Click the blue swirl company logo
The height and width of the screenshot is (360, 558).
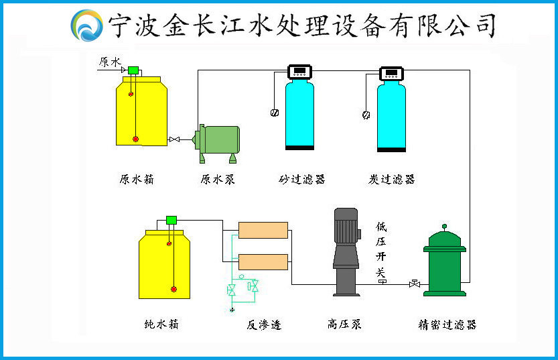(x=86, y=25)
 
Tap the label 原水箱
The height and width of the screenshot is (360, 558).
(x=136, y=180)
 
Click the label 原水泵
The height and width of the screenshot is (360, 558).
(x=217, y=180)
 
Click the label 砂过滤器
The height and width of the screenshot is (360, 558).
(x=301, y=180)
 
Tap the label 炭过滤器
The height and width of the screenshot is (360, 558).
(x=392, y=180)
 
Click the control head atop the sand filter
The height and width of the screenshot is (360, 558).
(x=299, y=71)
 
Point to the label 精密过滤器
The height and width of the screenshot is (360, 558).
(x=447, y=325)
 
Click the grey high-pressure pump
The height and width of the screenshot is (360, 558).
(x=346, y=251)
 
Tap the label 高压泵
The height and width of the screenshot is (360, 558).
(x=344, y=325)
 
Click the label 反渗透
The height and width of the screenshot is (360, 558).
(x=263, y=325)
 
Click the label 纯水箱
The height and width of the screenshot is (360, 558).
(x=161, y=325)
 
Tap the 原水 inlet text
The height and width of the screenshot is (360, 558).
(x=109, y=62)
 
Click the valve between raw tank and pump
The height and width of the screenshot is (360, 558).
(x=174, y=139)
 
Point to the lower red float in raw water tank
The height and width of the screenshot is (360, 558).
(x=135, y=139)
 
